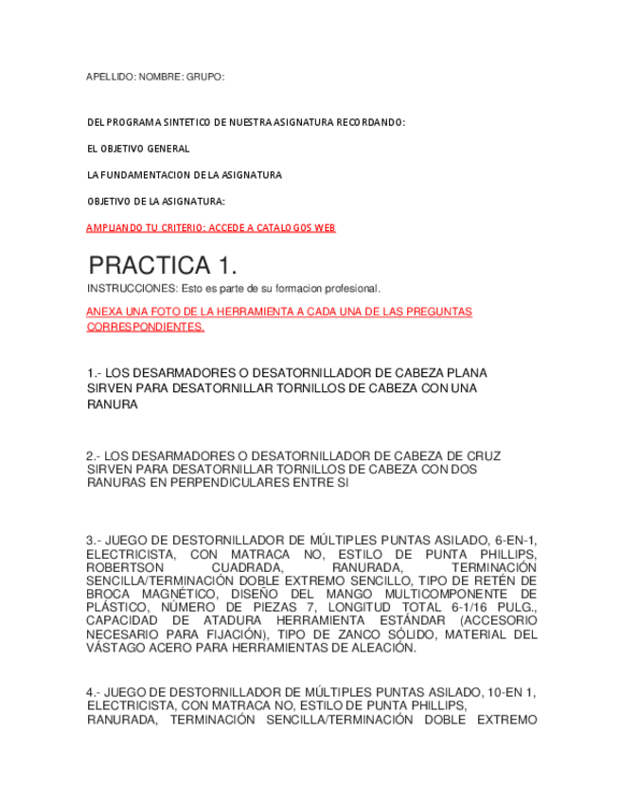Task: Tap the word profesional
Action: point(350,288)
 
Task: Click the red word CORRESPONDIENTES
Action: point(145,327)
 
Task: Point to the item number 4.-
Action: point(95,692)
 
